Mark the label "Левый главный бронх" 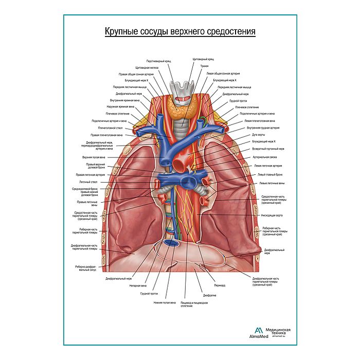click(x=268, y=175)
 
